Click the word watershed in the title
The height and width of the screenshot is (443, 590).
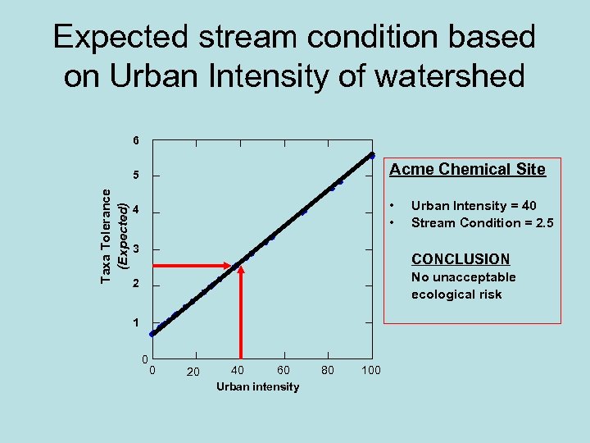click(442, 75)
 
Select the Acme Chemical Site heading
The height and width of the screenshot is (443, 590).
click(467, 170)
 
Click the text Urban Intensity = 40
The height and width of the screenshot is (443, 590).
click(474, 206)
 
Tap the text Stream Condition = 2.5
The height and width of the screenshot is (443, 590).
click(482, 222)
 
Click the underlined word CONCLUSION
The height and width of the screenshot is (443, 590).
click(460, 258)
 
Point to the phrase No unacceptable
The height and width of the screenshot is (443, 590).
click(463, 277)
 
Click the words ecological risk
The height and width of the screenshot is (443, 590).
click(456, 295)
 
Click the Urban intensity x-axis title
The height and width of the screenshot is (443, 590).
click(257, 386)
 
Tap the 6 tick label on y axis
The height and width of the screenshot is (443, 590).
click(136, 140)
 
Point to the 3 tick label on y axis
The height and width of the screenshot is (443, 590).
click(136, 249)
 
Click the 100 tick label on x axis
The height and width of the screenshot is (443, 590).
click(370, 371)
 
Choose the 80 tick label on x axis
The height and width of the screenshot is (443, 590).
click(328, 370)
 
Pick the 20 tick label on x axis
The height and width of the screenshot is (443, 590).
click(193, 372)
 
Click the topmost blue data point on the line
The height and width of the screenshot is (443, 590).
click(371, 155)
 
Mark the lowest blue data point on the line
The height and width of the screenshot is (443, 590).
click(152, 334)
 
